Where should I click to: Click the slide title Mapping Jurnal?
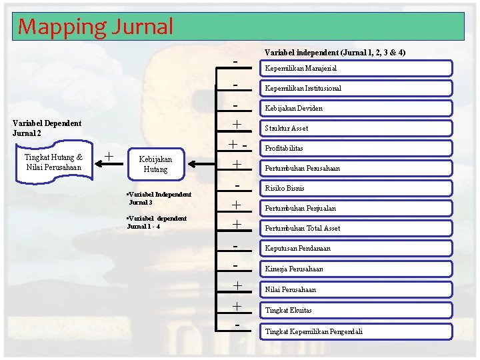(95, 27)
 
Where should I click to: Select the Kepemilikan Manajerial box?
(357, 68)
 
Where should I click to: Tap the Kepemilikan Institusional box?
(357, 88)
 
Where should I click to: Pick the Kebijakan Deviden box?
(357, 108)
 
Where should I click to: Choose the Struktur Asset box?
(357, 128)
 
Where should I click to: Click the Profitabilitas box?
(357, 148)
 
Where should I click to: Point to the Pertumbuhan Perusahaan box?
(357, 168)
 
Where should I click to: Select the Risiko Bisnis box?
(357, 188)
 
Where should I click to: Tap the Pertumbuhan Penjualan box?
(357, 208)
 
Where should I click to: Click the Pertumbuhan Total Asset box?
(357, 228)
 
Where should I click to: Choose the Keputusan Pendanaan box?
(357, 248)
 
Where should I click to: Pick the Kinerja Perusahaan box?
(357, 269)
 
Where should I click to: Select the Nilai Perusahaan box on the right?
(357, 289)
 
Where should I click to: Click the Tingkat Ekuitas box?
(357, 310)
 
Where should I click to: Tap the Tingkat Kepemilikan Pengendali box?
(357, 331)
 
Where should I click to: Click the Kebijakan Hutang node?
(156, 164)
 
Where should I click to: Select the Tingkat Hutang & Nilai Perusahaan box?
(53, 162)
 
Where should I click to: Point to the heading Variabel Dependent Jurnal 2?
(47, 128)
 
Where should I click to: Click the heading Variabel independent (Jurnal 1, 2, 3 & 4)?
(335, 52)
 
